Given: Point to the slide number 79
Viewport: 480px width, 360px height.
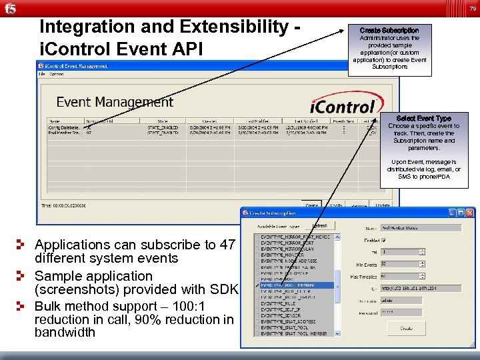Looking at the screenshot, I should click(472, 9).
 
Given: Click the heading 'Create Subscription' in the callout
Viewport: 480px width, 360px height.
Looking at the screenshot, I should click(389, 31).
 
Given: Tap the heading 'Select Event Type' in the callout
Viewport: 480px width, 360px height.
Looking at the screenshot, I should click(423, 118).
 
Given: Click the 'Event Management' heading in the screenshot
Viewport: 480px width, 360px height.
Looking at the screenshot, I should click(115, 102).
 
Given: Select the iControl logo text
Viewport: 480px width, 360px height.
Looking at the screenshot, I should click(343, 107).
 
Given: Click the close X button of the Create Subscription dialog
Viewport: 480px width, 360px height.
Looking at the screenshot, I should click(471, 213).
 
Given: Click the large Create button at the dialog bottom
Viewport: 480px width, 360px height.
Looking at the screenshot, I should click(406, 329).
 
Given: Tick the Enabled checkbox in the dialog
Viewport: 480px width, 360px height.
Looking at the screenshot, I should click(386, 241).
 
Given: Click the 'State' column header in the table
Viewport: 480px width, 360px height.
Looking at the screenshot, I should click(153, 120).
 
